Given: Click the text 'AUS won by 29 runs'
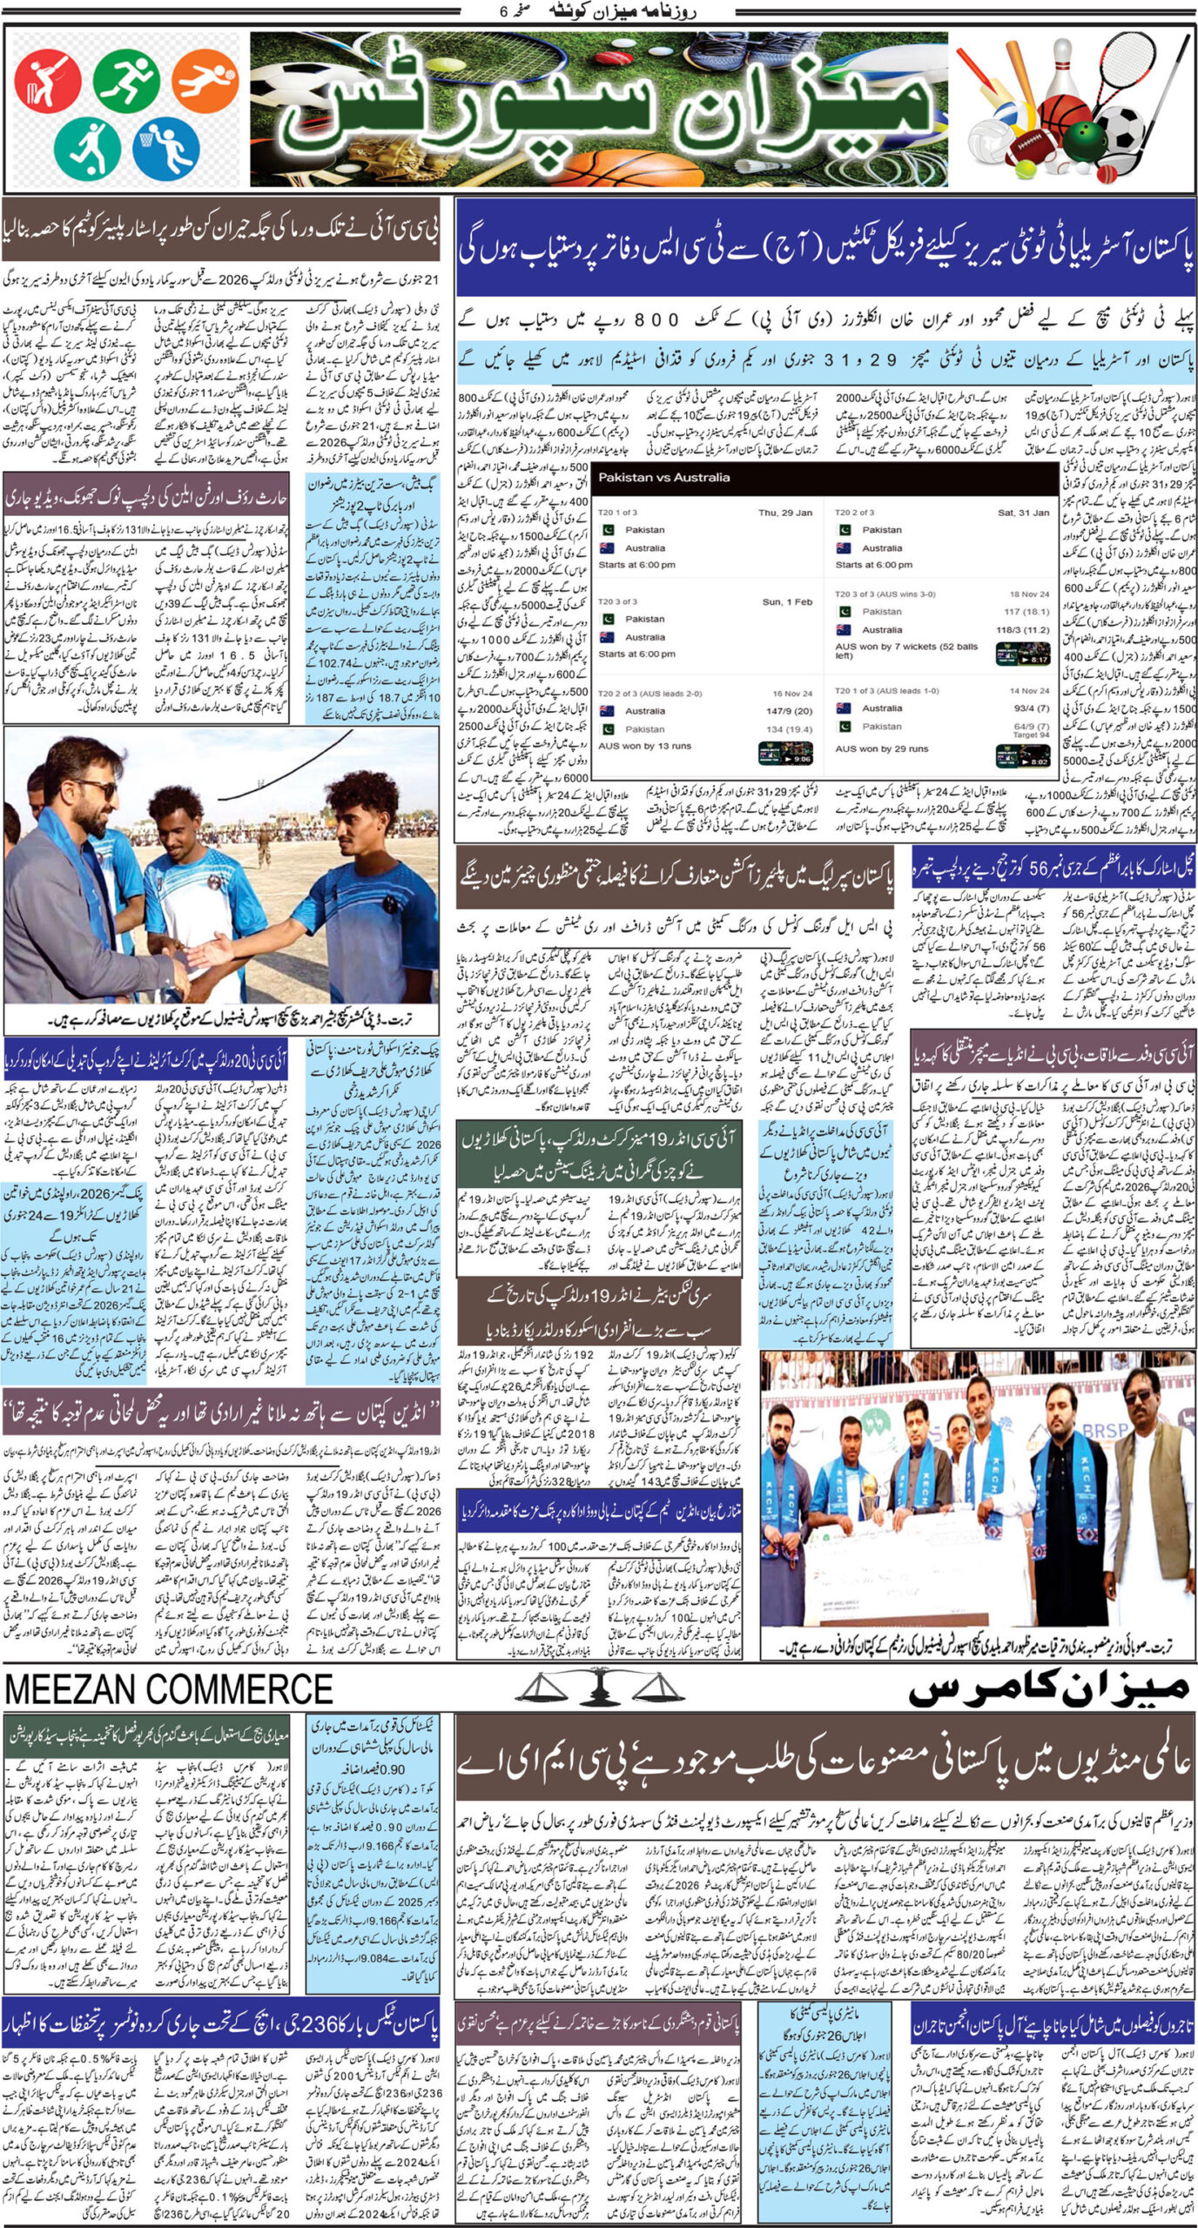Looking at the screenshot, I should click(x=881, y=748).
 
